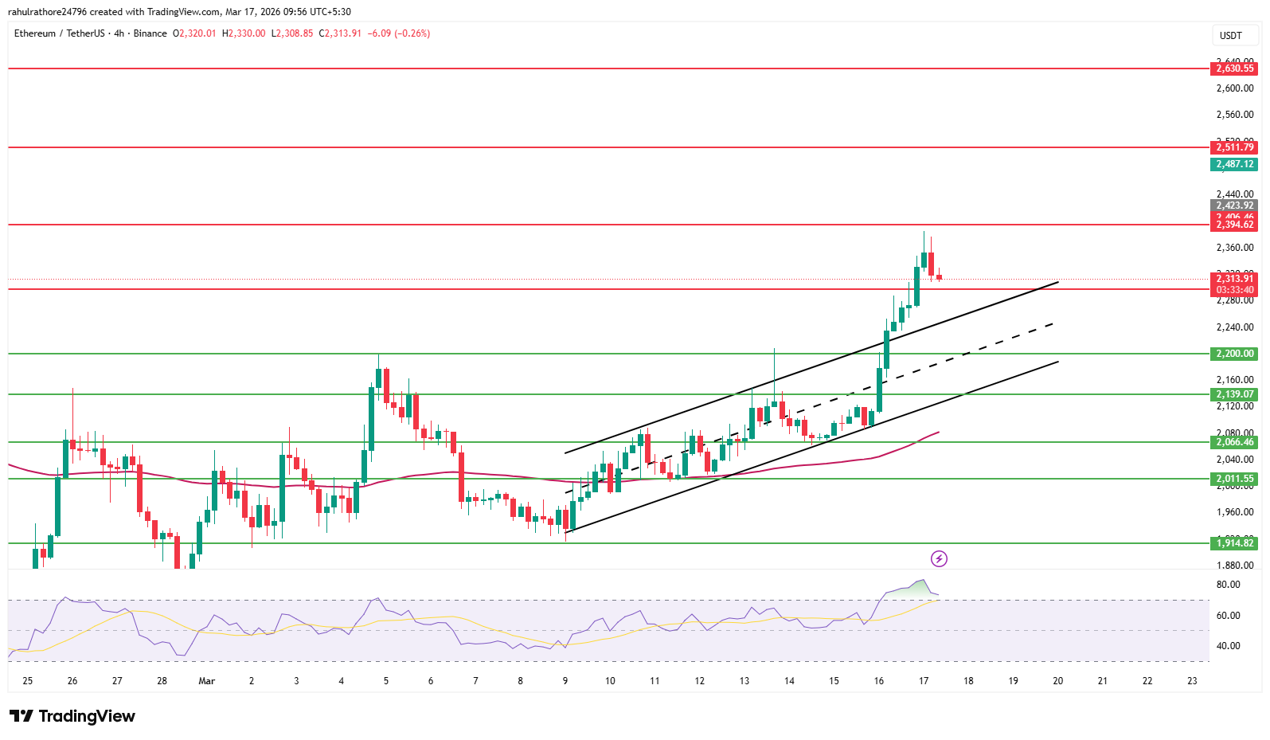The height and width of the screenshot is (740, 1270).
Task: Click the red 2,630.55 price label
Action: click(x=1234, y=69)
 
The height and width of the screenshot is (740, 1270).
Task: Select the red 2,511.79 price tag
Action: click(x=1234, y=147)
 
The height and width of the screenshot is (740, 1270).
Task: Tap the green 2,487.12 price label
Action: click(x=1234, y=164)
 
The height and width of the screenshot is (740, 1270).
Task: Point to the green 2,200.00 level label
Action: click(x=1234, y=354)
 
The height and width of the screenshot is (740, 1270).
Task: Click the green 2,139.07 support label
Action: click(x=1234, y=394)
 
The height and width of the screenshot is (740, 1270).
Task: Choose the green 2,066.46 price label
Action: click(x=1234, y=442)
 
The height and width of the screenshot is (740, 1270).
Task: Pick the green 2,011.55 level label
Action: click(x=1234, y=479)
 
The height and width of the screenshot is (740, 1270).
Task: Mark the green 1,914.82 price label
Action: click(x=1234, y=543)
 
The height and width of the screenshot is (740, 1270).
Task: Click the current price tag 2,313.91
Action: click(x=1234, y=279)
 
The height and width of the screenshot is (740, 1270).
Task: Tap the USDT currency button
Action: click(x=1230, y=35)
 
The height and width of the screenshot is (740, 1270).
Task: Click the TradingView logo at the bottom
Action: click(x=72, y=716)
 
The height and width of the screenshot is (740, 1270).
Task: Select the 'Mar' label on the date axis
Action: click(x=207, y=681)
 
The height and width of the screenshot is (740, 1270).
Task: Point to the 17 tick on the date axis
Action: click(x=924, y=681)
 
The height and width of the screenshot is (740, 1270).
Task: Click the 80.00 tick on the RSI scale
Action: click(x=1229, y=585)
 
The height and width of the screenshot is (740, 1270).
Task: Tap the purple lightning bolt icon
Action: click(x=940, y=558)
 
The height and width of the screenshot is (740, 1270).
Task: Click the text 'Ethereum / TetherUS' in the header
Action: click(x=60, y=33)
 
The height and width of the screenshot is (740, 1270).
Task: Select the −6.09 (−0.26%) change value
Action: click(x=398, y=33)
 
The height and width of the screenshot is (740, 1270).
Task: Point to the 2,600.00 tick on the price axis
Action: click(x=1235, y=88)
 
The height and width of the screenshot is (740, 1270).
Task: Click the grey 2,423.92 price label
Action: click(x=1234, y=206)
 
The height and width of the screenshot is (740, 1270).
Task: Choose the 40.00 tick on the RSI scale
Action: click(x=1229, y=646)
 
